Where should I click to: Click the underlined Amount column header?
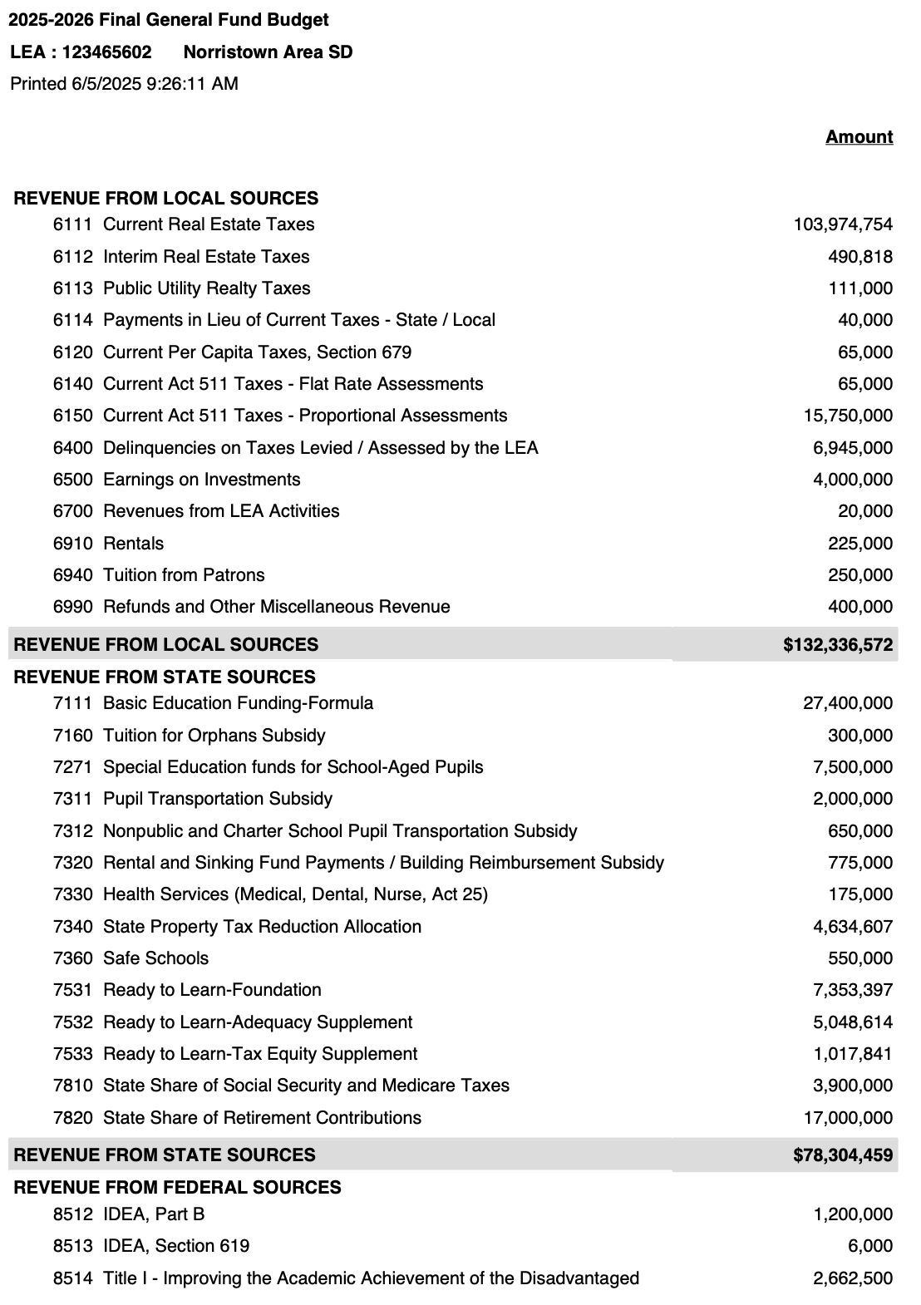pos(859,137)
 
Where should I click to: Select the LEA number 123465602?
pos(106,52)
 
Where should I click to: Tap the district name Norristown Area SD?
pos(268,52)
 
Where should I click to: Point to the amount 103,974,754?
pos(843,224)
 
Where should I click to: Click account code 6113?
pos(72,288)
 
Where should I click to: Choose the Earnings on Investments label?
pos(201,480)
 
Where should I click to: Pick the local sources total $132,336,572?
pos(838,644)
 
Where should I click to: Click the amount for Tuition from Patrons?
pos(860,575)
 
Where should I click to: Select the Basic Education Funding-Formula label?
pos(238,703)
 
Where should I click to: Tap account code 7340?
pos(72,927)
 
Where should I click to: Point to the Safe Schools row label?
pos(155,958)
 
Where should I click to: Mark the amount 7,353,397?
pos(853,990)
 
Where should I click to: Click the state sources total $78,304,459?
pos(843,1155)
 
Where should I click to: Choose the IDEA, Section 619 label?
pos(176,1246)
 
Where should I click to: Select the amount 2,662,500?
pos(853,1278)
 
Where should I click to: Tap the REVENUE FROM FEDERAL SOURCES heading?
pos(177,1187)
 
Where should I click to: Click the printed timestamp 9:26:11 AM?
pos(191,84)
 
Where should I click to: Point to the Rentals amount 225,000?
pos(860,544)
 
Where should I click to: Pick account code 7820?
pos(72,1118)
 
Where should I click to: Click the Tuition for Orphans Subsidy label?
pos(214,736)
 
